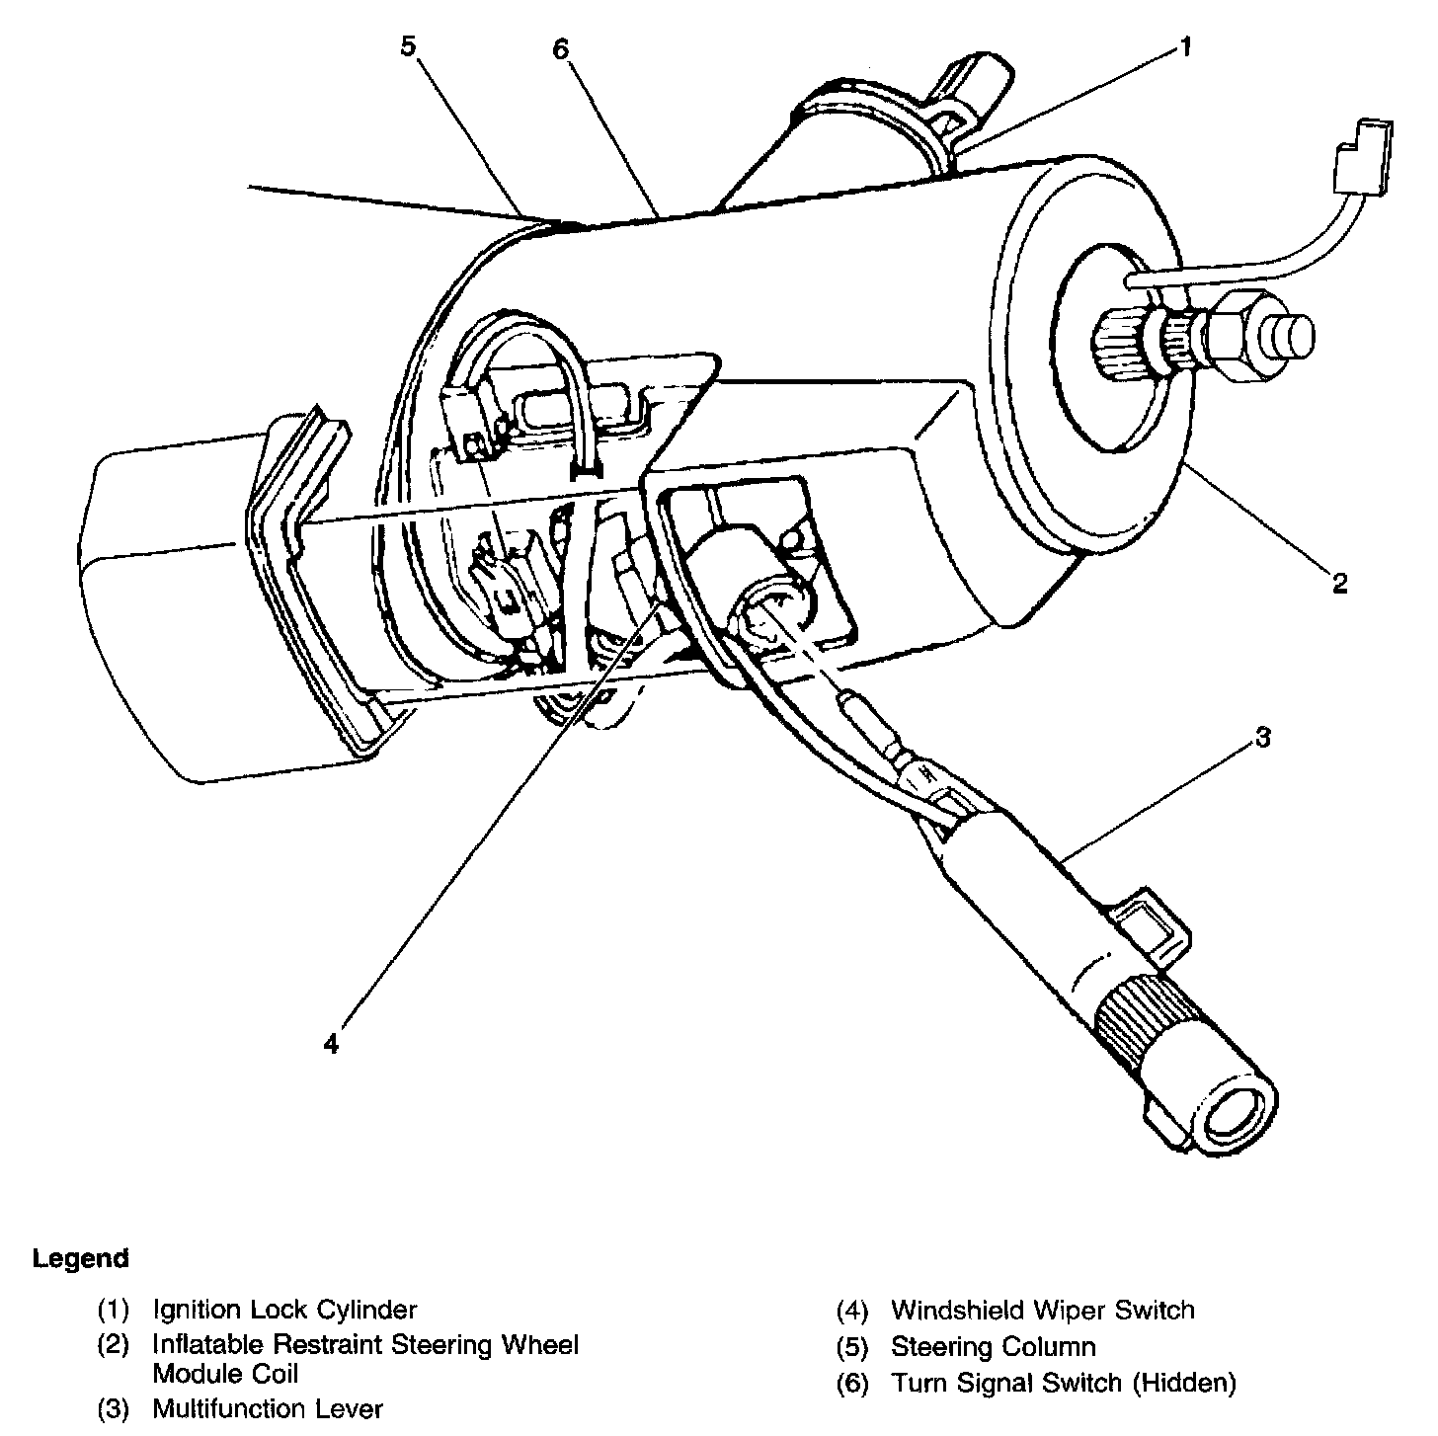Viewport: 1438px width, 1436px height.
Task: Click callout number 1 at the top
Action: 1184,46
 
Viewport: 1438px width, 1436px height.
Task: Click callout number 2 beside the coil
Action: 1338,584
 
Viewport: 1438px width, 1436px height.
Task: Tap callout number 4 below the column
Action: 331,1043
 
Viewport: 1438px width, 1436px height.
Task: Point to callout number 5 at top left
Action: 409,46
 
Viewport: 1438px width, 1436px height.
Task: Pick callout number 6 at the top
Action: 561,48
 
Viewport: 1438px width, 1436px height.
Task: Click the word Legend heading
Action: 80,1259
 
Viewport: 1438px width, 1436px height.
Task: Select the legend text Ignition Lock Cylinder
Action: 284,1311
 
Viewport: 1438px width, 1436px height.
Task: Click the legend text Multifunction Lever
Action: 267,1409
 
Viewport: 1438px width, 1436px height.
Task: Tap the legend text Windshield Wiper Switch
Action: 1042,1311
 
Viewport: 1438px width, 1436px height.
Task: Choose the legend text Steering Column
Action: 993,1347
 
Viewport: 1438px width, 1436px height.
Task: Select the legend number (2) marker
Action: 113,1345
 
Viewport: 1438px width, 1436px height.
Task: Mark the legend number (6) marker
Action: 851,1384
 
